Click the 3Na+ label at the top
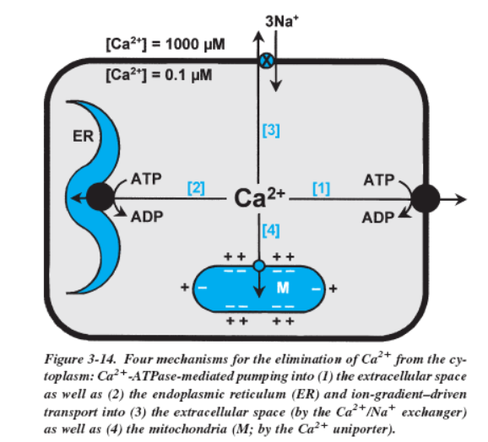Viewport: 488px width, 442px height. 282,21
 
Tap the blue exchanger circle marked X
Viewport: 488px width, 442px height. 267,60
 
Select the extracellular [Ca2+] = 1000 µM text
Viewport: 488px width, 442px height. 165,44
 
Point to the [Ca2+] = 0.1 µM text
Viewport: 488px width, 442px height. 159,75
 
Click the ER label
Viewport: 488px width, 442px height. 83,136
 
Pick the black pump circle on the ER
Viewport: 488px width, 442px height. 100,197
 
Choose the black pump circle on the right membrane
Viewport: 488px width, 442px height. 426,198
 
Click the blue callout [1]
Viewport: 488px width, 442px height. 321,188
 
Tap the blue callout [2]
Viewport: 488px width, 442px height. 196,188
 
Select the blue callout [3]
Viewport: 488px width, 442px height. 271,130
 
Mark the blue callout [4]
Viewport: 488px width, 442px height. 271,230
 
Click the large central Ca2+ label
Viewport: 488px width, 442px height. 259,197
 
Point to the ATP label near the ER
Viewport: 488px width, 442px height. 146,179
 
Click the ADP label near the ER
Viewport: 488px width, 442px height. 147,217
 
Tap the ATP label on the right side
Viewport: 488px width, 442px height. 379,180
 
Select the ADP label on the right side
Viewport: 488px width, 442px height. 378,218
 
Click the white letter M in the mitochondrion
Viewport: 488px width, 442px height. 283,288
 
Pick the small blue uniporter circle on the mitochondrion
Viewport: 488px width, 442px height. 259,266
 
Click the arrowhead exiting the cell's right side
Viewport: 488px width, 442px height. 461,199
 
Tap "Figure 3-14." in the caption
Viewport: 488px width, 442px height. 80,359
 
